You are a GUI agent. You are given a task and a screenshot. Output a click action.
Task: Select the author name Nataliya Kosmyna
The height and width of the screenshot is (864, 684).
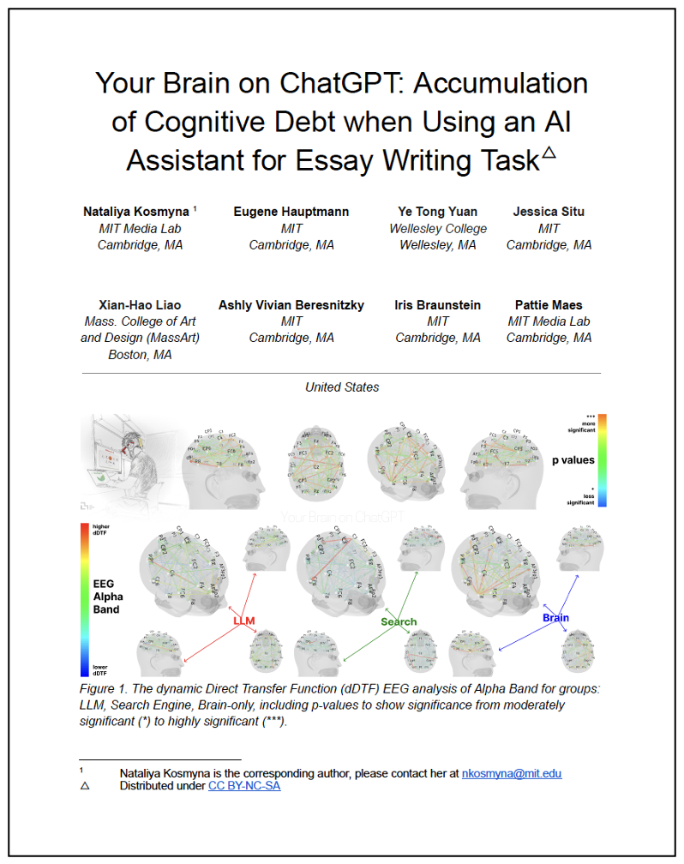point(136,212)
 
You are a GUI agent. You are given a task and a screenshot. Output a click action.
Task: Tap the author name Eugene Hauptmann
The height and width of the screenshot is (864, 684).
point(291,212)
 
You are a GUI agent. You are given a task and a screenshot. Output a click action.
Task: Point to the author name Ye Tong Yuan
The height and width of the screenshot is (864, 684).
point(437,212)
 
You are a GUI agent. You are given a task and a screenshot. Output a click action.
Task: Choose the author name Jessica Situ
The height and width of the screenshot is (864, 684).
point(549,212)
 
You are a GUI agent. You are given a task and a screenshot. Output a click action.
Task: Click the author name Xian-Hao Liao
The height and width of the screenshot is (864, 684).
point(140,305)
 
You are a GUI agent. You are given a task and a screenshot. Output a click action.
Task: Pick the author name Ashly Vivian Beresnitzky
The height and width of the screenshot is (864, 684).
point(291,305)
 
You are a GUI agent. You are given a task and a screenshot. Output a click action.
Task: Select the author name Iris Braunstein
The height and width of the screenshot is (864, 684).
point(437,305)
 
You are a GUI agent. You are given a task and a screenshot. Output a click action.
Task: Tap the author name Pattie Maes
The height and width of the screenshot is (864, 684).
point(549,305)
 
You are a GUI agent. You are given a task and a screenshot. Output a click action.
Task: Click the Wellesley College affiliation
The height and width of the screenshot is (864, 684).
point(437,229)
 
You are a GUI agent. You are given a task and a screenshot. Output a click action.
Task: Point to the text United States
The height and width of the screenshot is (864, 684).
point(342,387)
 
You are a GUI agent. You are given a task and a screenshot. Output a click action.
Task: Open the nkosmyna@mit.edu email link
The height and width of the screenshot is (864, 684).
point(512,773)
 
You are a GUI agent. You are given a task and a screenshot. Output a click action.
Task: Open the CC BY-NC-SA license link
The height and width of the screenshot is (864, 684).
point(244,786)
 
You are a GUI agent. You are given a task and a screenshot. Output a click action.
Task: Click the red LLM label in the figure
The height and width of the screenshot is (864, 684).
point(244,620)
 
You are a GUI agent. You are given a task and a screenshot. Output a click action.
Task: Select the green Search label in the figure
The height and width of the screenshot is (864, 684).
point(399,621)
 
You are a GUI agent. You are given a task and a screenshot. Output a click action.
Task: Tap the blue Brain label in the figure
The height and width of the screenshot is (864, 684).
point(555,617)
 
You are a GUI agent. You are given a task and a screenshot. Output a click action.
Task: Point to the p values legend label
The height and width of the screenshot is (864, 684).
point(573,460)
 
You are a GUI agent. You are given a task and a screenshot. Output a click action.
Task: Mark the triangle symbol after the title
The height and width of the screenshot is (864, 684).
point(549,152)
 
